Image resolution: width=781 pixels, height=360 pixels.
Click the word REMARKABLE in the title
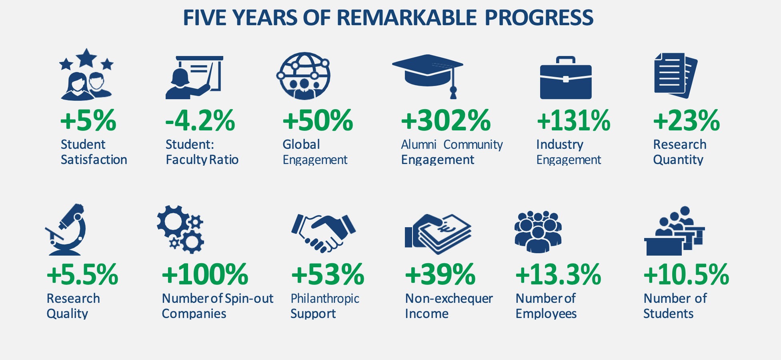click(x=407, y=18)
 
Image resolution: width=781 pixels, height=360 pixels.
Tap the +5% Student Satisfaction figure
click(x=88, y=120)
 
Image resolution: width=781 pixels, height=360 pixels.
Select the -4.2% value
click(x=200, y=120)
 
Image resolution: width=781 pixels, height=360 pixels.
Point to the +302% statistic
click(x=446, y=120)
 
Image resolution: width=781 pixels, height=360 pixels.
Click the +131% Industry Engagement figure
click(x=573, y=120)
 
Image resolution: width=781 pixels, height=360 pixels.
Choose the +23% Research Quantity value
click(x=687, y=120)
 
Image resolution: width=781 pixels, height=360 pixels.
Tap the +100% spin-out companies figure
click(x=205, y=274)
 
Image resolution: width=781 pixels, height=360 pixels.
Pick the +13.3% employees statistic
click(x=558, y=274)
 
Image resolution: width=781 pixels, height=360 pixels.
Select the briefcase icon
click(x=566, y=78)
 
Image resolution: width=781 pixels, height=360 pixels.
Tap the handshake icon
click(x=323, y=233)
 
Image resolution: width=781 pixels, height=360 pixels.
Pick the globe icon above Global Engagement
click(x=303, y=76)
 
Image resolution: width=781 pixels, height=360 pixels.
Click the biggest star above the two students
click(x=86, y=58)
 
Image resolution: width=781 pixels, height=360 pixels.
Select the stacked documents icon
click(x=676, y=75)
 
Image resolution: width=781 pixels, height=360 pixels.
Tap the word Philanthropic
click(x=325, y=299)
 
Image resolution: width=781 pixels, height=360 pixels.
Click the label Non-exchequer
click(x=449, y=298)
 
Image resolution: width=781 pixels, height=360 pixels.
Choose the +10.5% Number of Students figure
click(x=686, y=274)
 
